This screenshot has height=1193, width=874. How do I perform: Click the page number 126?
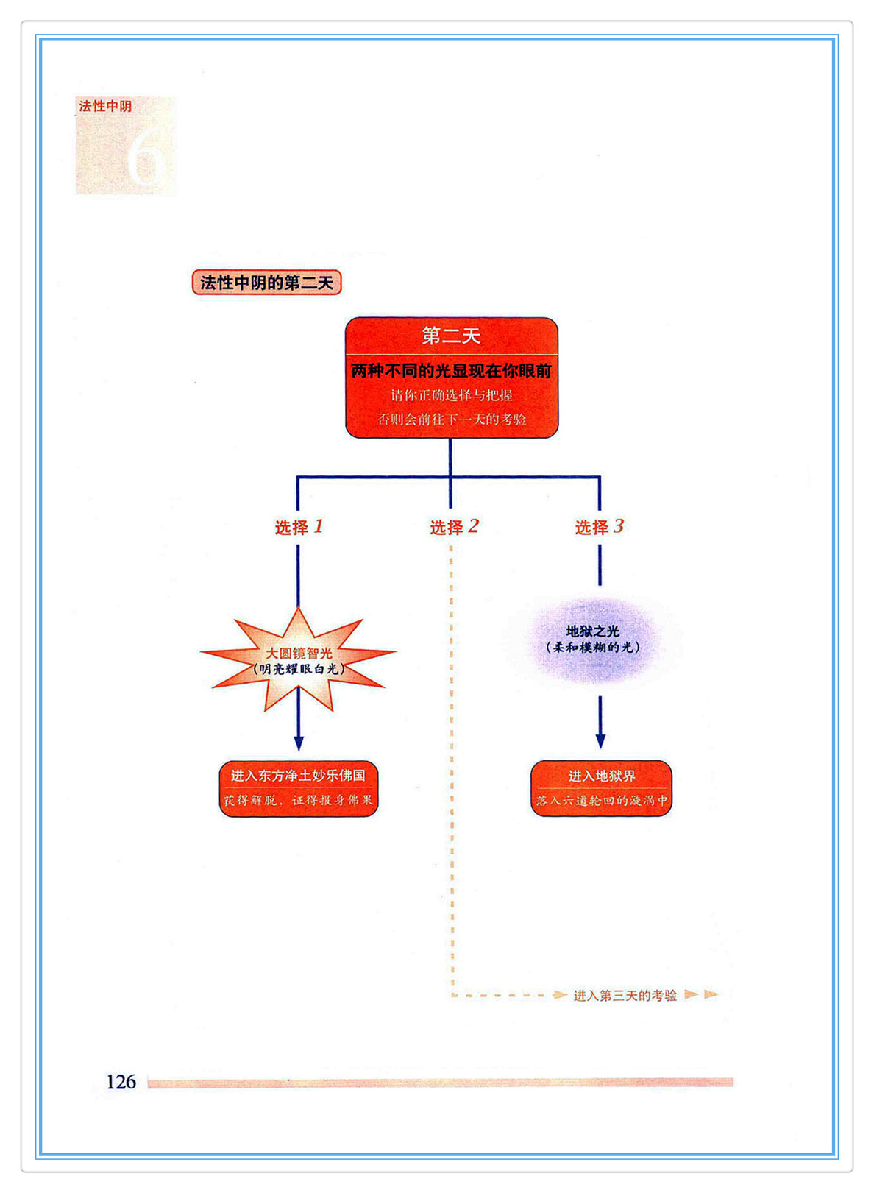coord(121,1082)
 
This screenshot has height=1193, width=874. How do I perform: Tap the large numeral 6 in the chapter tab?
coord(144,160)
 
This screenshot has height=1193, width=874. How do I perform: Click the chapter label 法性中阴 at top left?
coord(105,106)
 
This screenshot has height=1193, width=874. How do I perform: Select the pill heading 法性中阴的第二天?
coord(266,283)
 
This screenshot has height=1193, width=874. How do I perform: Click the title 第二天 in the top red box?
coord(451,336)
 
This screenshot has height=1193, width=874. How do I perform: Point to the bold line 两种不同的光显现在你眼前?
coord(451,371)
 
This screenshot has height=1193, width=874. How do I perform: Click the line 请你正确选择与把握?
coord(451,395)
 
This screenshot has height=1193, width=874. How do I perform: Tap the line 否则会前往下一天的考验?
coord(451,420)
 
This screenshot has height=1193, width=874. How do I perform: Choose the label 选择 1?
coord(299,527)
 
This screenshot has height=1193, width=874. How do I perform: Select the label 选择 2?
coord(454,527)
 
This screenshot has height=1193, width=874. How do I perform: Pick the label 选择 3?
coord(599,527)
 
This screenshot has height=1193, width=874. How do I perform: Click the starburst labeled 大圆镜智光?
coord(299,660)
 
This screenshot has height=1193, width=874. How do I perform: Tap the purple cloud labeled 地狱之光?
coord(593,640)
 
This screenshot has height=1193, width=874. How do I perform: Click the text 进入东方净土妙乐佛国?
coord(298,776)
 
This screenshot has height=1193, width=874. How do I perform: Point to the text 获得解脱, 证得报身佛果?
coord(298,800)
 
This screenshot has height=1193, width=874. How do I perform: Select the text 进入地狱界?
coord(601,776)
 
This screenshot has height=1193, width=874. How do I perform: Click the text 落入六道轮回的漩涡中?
coord(601,800)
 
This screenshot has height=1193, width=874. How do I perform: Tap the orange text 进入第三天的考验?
coord(625,996)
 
